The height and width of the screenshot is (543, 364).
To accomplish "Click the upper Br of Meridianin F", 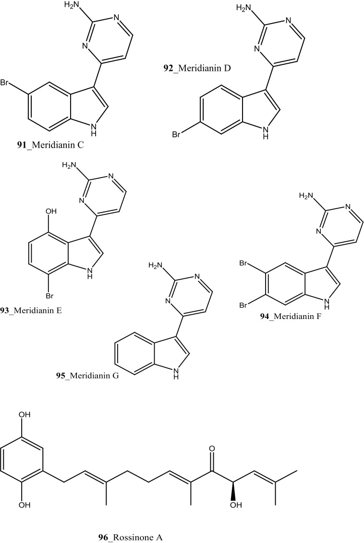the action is [x=244, y=263].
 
